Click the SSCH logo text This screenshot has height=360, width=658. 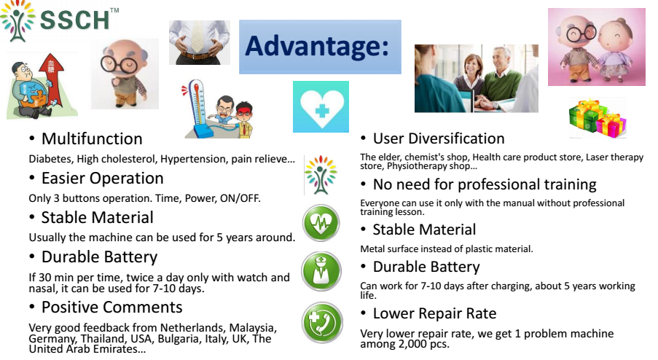[75, 20]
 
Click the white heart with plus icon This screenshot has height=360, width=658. [321, 106]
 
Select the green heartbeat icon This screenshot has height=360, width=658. [321, 223]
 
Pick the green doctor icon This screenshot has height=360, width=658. [321, 272]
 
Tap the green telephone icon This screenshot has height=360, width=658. [322, 323]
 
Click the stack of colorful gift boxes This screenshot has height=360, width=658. [598, 118]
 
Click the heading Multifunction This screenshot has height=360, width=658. [92, 139]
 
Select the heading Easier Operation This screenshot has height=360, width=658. [103, 179]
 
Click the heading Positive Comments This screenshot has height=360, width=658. [111, 307]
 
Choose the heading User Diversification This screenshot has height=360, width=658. [439, 138]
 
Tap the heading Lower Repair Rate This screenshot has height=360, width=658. [434, 313]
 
